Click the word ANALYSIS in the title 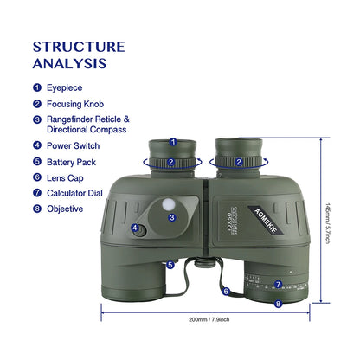[x=70, y=63]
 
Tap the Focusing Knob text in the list [x=77, y=103]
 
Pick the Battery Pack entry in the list [x=74, y=161]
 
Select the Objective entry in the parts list [x=65, y=208]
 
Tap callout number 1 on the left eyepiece [x=172, y=142]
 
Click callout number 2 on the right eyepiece [x=238, y=161]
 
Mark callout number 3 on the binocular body [x=172, y=217]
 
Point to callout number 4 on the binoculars [x=135, y=228]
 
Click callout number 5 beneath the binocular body [x=170, y=265]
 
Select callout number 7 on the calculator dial [x=278, y=284]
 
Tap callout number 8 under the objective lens [x=278, y=303]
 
